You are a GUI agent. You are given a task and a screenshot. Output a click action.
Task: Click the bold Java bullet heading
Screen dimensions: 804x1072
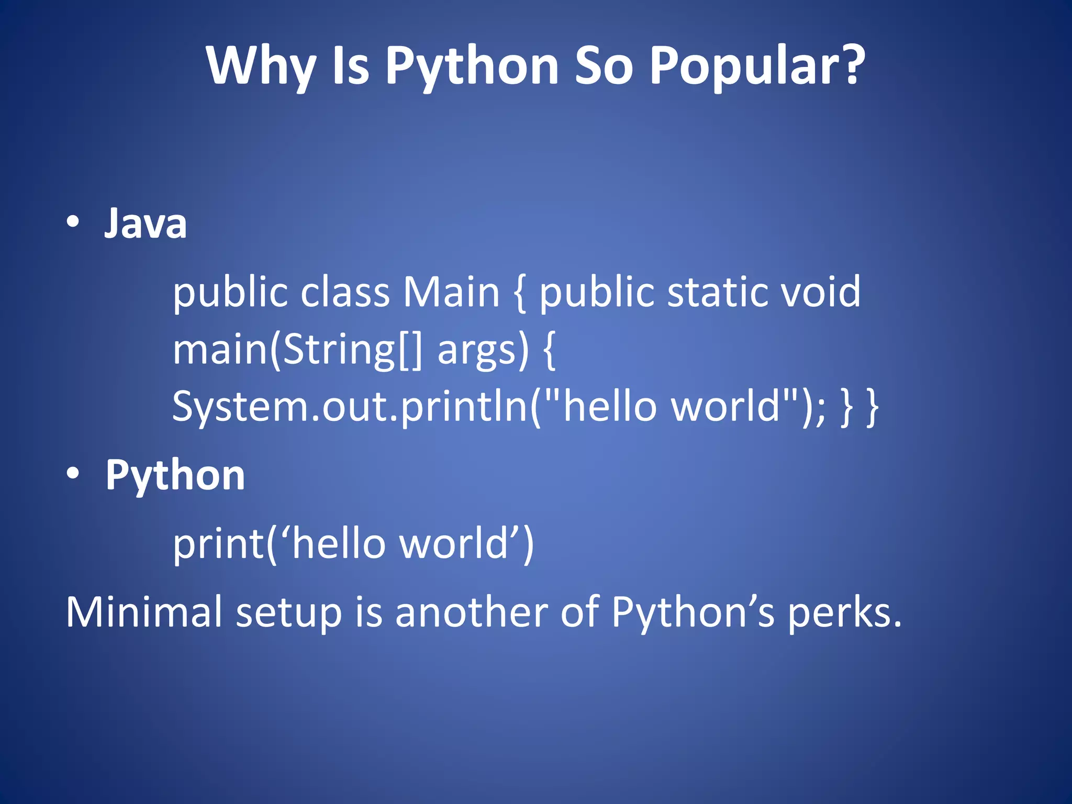[x=146, y=224]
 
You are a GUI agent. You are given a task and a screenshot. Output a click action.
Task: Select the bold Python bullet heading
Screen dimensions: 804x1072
[x=175, y=475]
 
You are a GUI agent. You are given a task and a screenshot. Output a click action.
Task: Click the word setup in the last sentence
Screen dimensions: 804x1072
[x=289, y=612]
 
